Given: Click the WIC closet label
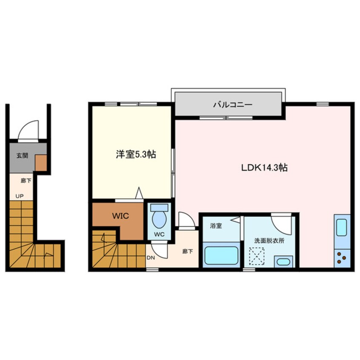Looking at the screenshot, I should [120, 215].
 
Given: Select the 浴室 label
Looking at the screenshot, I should [216, 226].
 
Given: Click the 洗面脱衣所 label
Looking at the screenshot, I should [269, 240].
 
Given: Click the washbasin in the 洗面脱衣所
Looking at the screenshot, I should [282, 261].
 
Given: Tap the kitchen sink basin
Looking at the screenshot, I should [342, 228].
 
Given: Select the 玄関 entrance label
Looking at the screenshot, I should [22, 156].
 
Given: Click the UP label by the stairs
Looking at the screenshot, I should [20, 196].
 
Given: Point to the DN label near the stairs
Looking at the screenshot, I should [151, 257].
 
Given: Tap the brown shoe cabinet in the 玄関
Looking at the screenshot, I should [40, 162].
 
